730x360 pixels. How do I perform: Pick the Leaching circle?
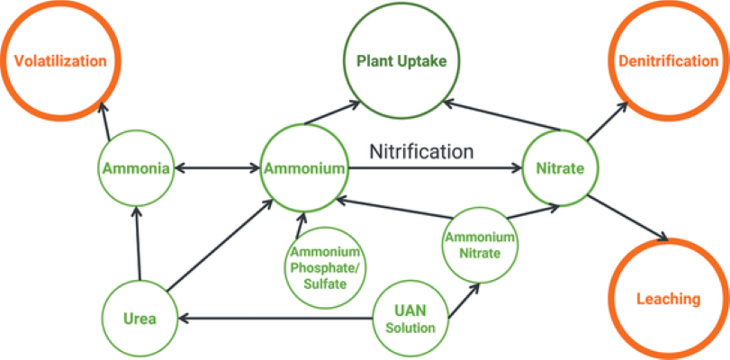click(668, 299)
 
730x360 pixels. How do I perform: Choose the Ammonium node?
click(302, 168)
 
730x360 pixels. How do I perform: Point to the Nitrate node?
click(560, 168)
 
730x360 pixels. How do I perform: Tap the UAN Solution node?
click(410, 318)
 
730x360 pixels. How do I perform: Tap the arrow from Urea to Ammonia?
click(137, 243)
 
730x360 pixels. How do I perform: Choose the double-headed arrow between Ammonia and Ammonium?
click(216, 168)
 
